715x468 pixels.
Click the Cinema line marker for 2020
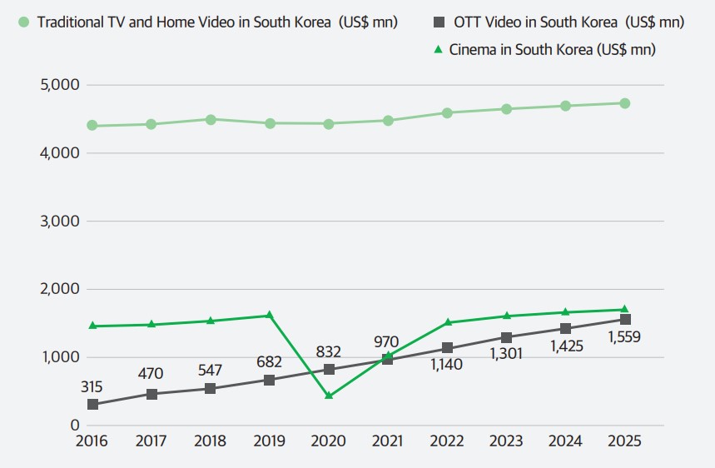329,396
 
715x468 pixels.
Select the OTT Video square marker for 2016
92,404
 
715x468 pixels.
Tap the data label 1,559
623,338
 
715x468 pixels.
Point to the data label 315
92,386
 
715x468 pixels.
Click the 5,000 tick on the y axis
59,85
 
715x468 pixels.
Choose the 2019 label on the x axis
269,441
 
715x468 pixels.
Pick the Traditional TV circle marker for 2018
211,120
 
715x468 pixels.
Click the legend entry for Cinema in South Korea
552,50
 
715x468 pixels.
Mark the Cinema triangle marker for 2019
270,315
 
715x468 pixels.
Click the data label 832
328,352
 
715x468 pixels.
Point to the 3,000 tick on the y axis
59,222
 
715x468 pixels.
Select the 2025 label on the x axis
624,441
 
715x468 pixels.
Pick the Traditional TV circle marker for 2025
624,103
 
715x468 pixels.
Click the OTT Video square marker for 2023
506,337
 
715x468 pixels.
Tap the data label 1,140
447,365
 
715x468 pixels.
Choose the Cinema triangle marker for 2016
92,326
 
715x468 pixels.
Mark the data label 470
151,374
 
